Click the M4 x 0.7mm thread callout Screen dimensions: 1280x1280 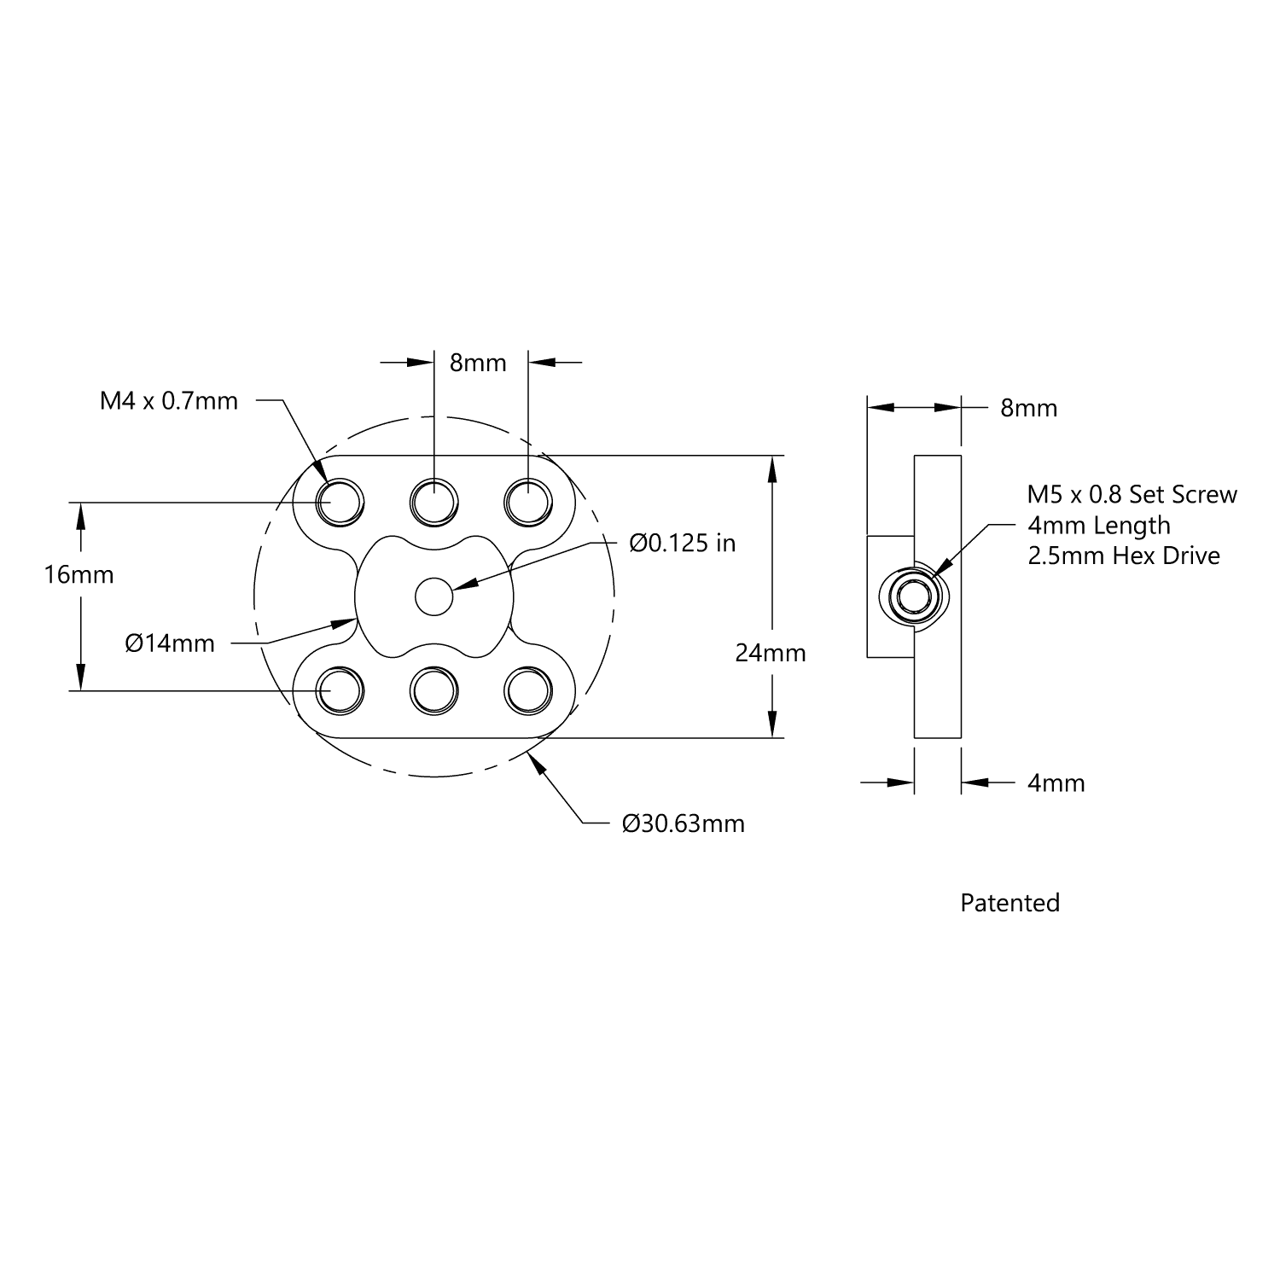point(169,400)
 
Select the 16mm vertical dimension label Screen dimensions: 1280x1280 point(79,574)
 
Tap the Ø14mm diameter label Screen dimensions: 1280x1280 point(170,643)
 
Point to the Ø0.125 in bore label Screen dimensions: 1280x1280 point(682,543)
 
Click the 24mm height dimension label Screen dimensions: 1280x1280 point(771,653)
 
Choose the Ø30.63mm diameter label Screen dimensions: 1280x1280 point(683,823)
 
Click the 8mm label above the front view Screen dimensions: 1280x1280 point(478,363)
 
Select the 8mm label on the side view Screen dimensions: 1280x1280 point(1028,408)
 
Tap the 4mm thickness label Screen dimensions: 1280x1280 point(1056,783)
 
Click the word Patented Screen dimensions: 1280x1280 point(1009,903)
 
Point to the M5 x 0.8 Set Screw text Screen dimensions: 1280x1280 point(1132,494)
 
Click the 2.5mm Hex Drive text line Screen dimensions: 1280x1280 point(1124,556)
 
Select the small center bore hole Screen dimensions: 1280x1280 point(434,596)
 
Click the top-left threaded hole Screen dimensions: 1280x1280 point(340,501)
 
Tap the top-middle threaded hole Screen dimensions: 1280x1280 point(434,501)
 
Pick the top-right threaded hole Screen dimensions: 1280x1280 point(528,501)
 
